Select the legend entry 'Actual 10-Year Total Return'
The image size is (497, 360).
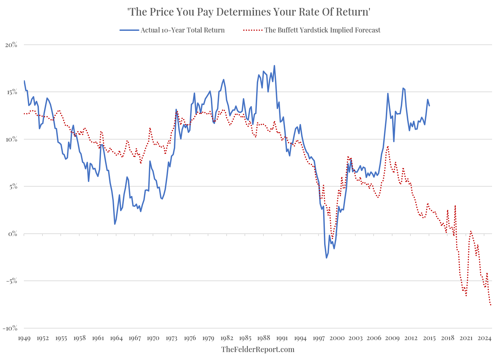182,30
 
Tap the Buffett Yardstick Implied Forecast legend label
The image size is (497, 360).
322,30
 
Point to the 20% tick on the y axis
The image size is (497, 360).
11,45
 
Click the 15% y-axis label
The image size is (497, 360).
11,92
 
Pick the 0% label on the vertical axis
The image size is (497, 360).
13,234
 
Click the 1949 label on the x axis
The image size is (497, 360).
24,338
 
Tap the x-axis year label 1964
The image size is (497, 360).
116,338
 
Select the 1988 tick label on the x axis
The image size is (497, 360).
263,338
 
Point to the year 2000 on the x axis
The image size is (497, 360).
337,338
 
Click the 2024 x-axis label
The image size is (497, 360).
484,338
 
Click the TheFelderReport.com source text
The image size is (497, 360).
258,349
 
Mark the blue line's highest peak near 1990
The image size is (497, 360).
274,66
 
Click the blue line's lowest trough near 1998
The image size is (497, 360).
326,258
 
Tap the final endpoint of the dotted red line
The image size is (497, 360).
491,305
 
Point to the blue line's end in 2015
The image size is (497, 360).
429,106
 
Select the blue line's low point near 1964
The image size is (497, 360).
115,224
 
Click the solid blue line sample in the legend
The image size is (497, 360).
129,30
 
